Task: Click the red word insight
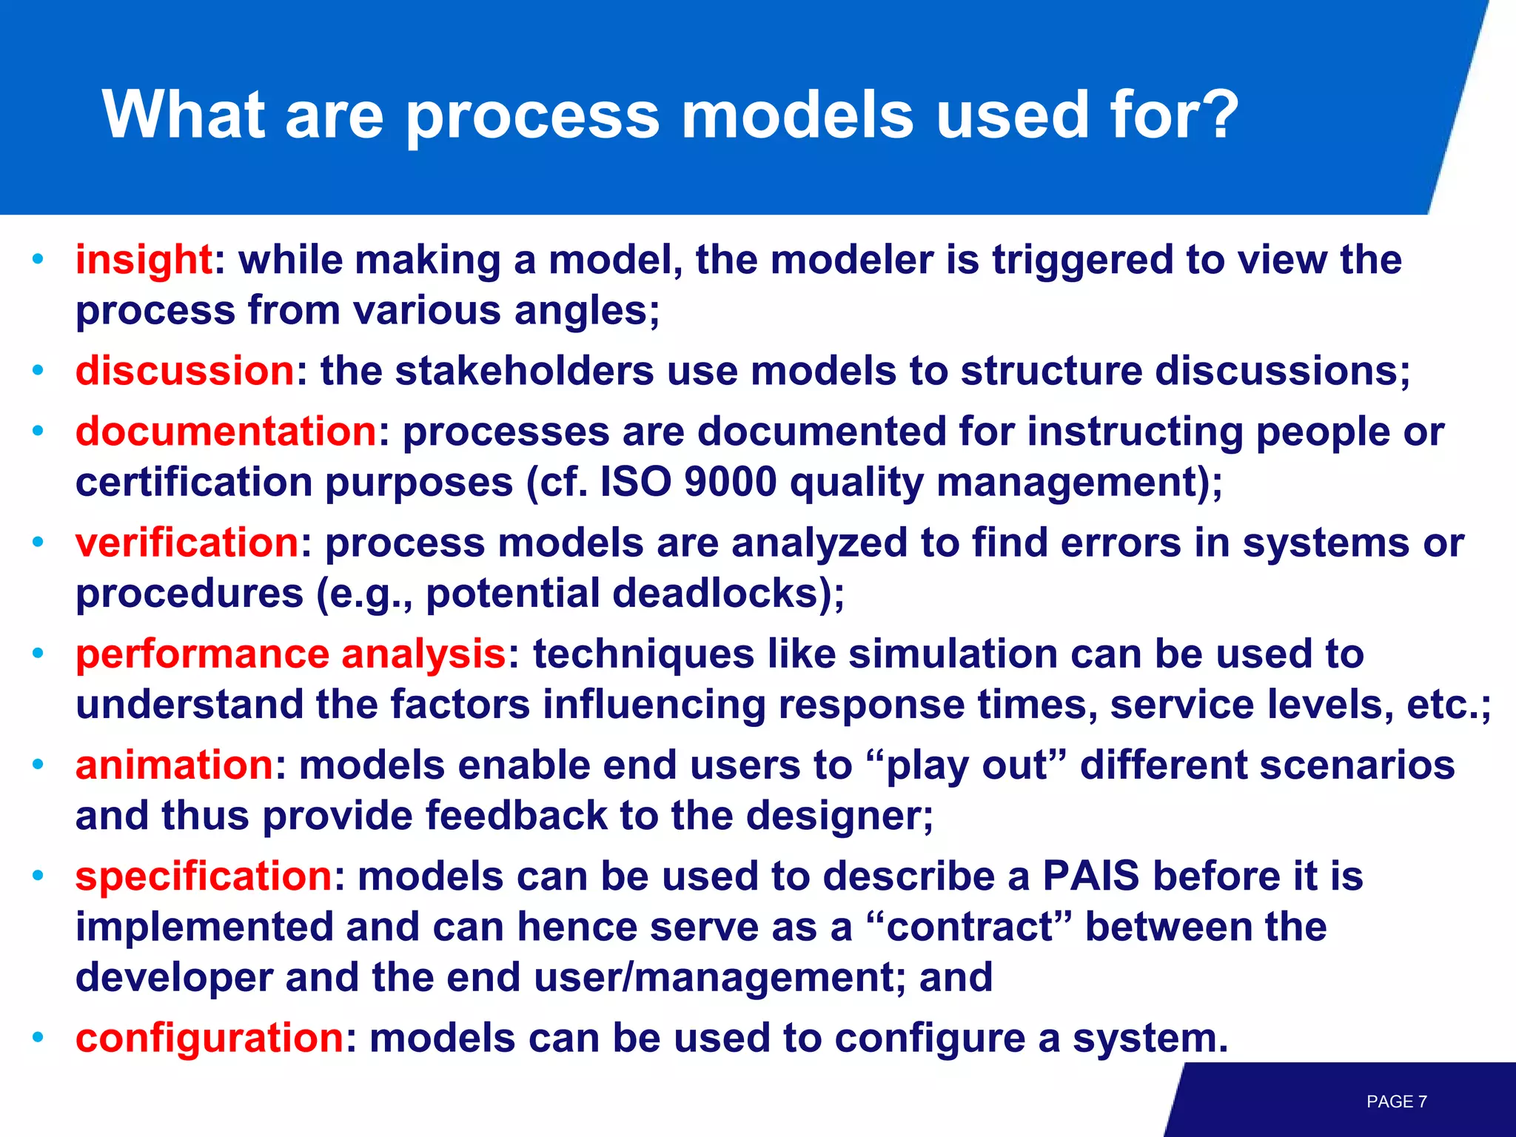click(144, 260)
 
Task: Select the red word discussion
click(185, 370)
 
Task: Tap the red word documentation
click(226, 432)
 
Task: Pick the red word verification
click(187, 543)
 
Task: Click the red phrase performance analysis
click(290, 654)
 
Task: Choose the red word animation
click(175, 765)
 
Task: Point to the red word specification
click(204, 876)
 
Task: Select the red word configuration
click(209, 1038)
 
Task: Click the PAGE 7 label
click(1396, 1101)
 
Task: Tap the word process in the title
click(532, 116)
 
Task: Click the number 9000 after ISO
click(730, 482)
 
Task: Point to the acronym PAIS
click(1090, 876)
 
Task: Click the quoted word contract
click(970, 927)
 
